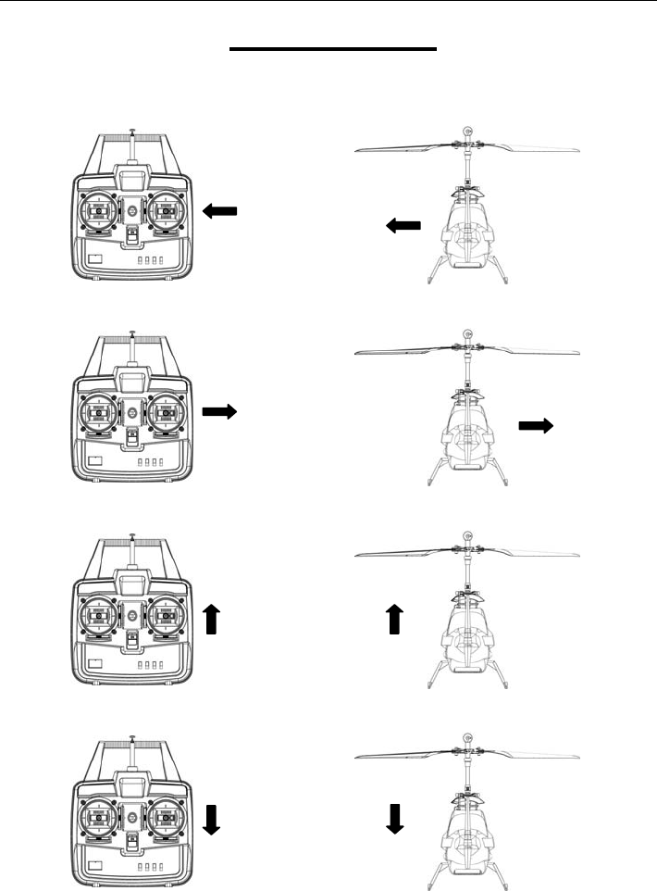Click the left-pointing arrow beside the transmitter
coord(219,212)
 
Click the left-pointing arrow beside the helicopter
coord(403,225)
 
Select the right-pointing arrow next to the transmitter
coord(219,410)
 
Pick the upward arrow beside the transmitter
coord(211,619)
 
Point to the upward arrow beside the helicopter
coord(395,619)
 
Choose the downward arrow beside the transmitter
coord(211,818)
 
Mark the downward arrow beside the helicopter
coord(395,818)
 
